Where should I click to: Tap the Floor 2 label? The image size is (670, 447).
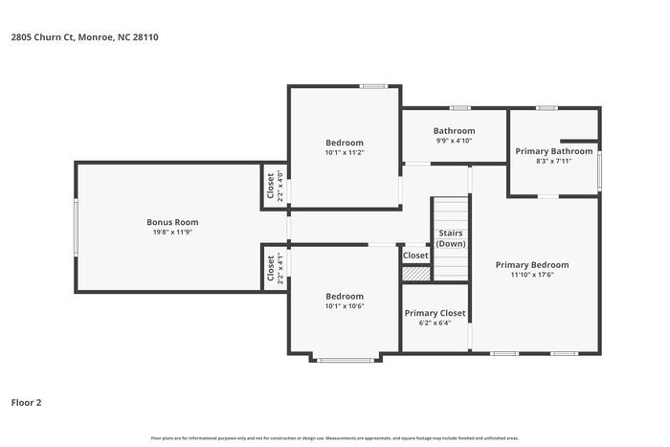click(x=27, y=402)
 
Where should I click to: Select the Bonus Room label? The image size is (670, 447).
click(x=172, y=222)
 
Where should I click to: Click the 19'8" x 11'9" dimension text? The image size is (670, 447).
click(x=172, y=232)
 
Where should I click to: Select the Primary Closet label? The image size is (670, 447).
click(x=435, y=313)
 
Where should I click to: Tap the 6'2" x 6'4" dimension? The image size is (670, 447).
click(x=435, y=323)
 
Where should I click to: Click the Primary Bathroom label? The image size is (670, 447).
click(x=554, y=151)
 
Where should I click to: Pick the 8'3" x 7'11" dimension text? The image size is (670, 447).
click(x=554, y=161)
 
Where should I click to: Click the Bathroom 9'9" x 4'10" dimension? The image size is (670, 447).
click(x=454, y=141)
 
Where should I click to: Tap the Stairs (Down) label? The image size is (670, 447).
click(x=451, y=238)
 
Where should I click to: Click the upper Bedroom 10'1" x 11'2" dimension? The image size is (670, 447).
click(x=344, y=152)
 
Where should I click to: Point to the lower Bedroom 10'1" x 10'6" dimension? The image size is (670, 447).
click(x=344, y=306)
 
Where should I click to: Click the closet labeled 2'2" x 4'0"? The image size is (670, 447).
click(x=274, y=184)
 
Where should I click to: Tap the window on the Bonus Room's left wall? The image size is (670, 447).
click(x=77, y=227)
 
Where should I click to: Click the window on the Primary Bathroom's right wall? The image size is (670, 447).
click(x=600, y=168)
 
